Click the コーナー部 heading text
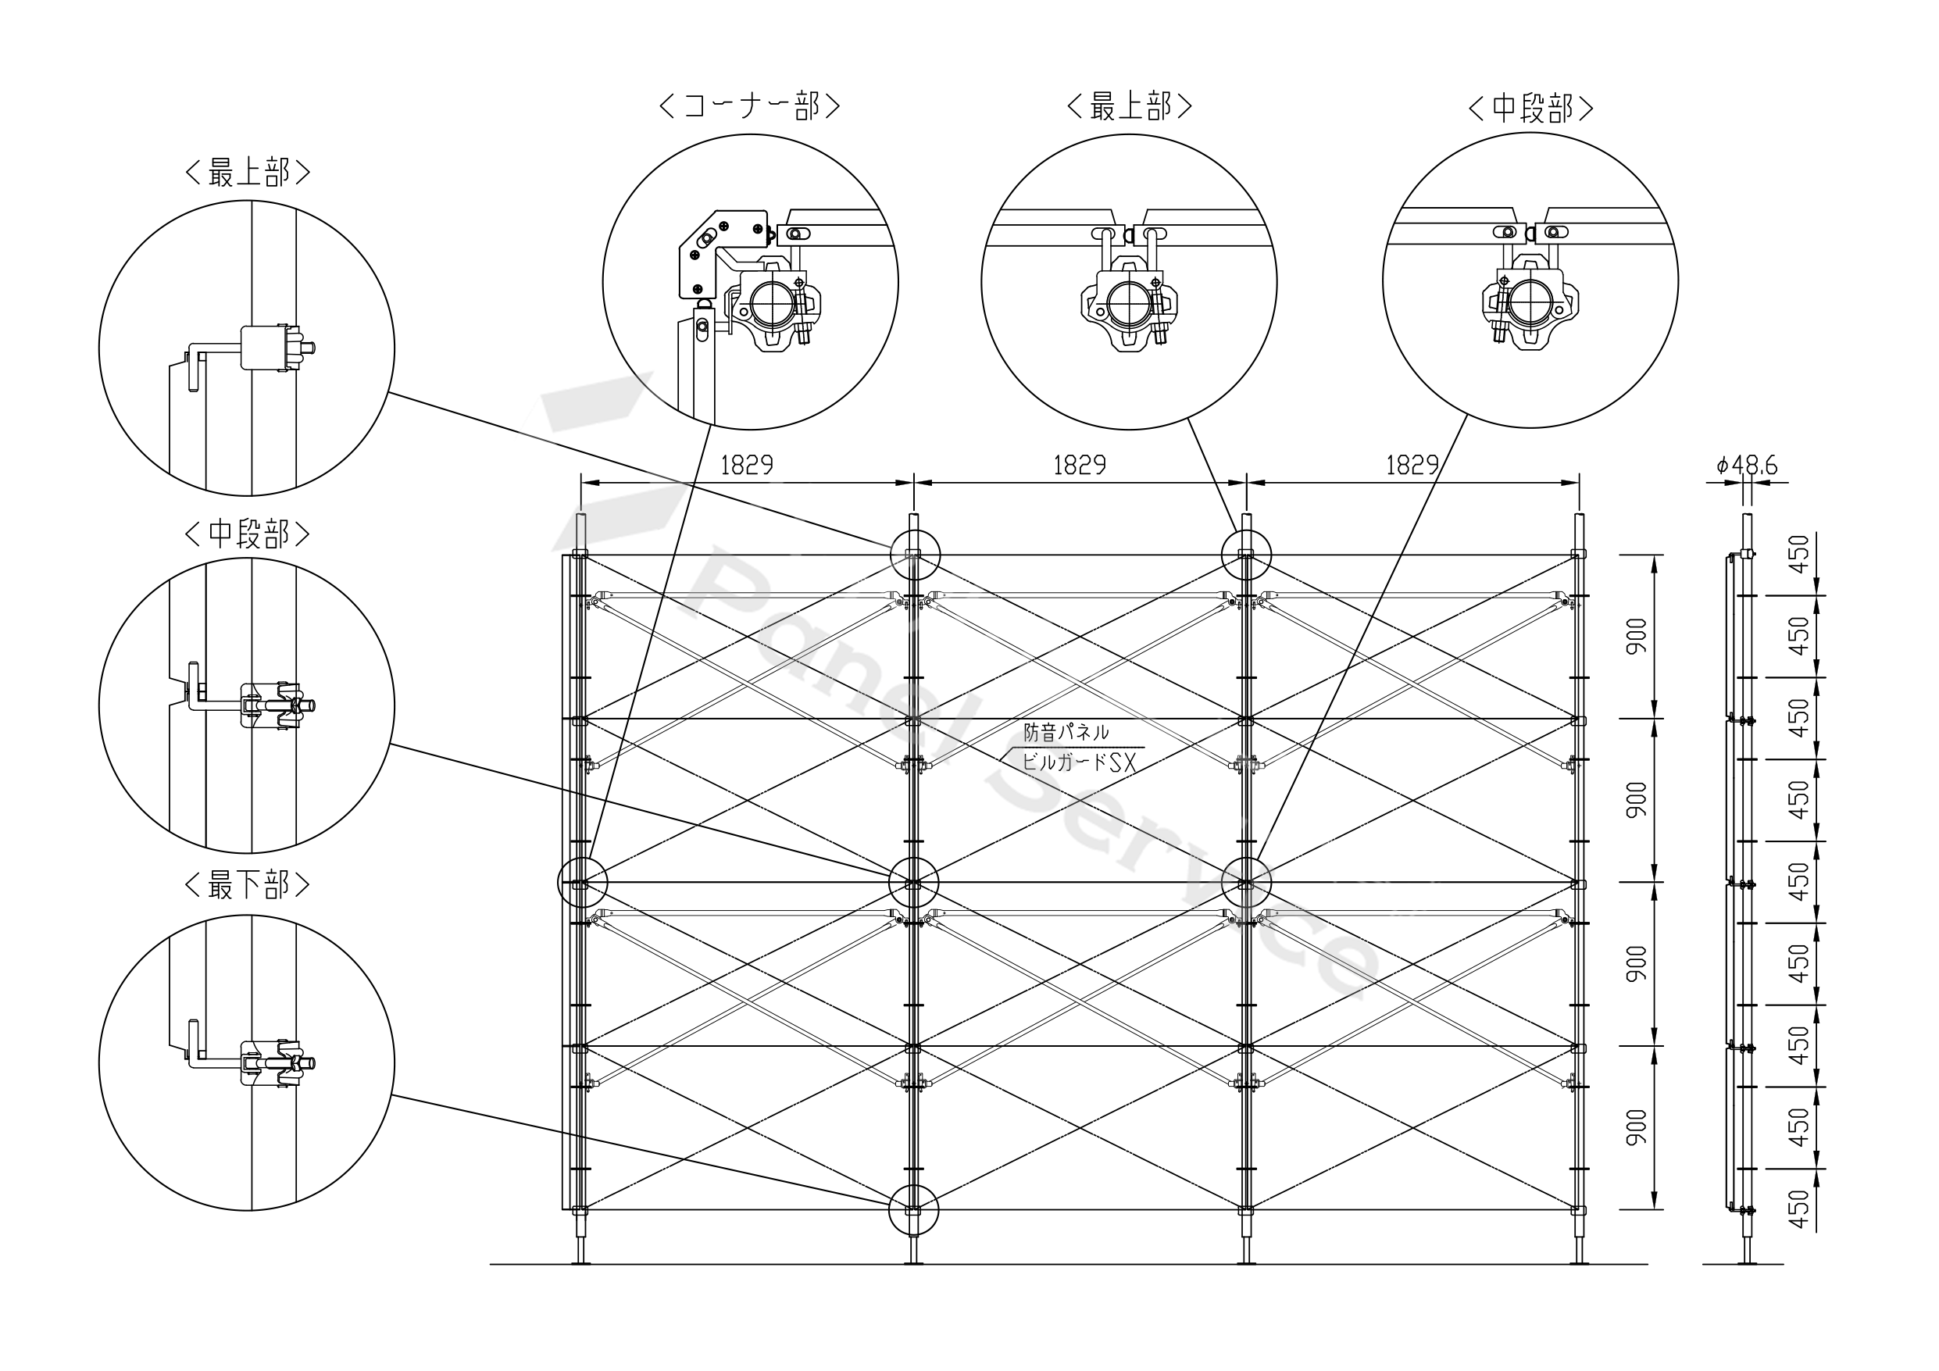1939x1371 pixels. click(x=749, y=106)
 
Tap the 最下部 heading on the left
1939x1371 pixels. click(x=248, y=885)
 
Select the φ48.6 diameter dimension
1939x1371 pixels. click(x=1747, y=466)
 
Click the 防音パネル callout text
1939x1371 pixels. click(x=1066, y=733)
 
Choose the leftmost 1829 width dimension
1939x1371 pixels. click(x=747, y=466)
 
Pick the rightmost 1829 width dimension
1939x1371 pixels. click(x=1412, y=466)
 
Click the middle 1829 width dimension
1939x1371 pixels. click(x=1080, y=466)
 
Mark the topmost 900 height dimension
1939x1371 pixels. click(x=1637, y=636)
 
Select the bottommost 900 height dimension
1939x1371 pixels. click(x=1637, y=1128)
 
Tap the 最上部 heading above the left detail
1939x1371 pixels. click(x=248, y=173)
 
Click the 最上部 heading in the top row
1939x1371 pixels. click(x=1129, y=106)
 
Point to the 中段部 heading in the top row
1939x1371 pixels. click(x=1530, y=108)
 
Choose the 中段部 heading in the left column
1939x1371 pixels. click(x=248, y=534)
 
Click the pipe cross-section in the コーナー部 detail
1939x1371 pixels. click(x=772, y=305)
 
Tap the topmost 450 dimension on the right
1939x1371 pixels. click(x=1799, y=554)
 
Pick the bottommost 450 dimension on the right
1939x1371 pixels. click(x=1799, y=1209)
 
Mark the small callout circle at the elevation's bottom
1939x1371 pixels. click(x=913, y=1209)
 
